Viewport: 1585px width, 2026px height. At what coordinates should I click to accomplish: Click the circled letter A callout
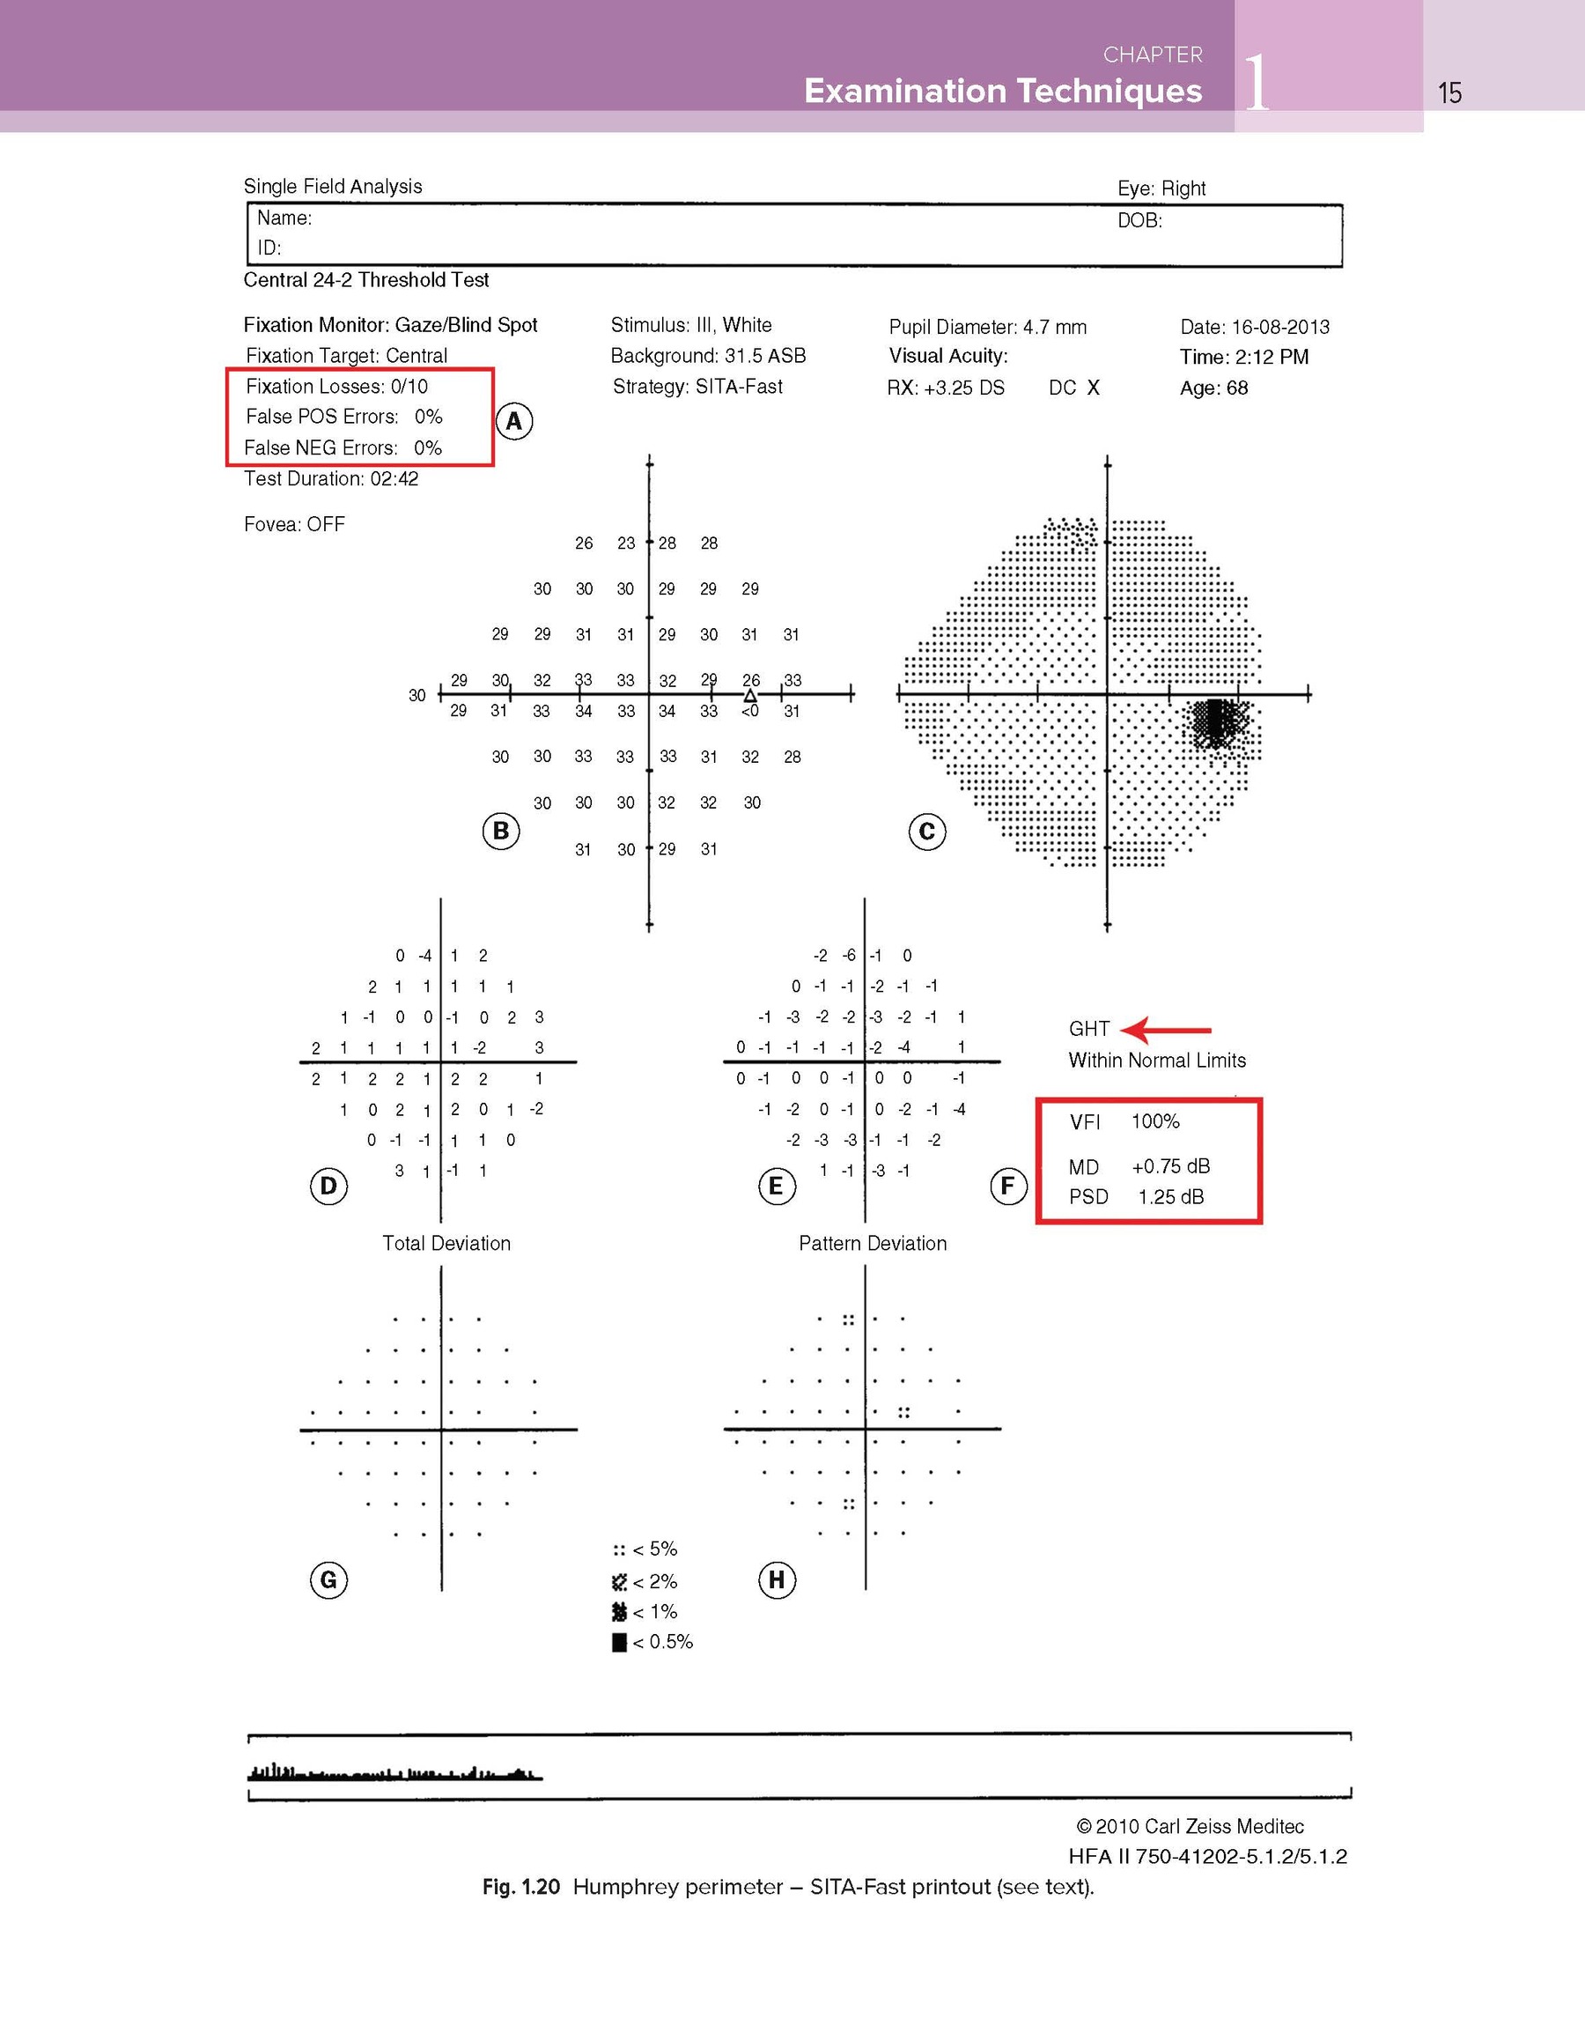514,421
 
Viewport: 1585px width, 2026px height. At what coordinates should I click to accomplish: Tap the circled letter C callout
926,832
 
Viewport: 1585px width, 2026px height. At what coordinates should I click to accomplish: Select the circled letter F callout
1007,1185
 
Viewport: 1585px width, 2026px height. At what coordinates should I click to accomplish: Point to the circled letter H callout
777,1579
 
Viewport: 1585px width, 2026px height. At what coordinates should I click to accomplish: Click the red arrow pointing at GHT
1166,1030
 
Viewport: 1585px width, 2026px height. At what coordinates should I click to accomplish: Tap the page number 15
1449,92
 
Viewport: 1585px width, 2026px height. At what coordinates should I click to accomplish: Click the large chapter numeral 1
1257,85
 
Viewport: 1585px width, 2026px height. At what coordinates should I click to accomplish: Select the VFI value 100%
1155,1121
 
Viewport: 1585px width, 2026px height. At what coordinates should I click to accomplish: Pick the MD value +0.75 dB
1170,1166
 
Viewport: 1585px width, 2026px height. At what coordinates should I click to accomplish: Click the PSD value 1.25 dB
1170,1197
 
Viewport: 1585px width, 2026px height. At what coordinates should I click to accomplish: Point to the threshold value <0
750,712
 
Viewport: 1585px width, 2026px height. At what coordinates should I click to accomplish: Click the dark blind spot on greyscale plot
1218,721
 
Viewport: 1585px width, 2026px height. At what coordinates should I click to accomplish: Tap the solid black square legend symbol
619,1643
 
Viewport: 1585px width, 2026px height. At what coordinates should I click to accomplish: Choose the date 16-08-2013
1279,327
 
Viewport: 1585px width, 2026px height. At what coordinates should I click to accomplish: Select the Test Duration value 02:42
394,479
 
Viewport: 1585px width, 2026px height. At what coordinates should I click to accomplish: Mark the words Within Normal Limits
1156,1060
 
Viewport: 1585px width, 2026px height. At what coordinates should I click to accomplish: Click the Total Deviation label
446,1244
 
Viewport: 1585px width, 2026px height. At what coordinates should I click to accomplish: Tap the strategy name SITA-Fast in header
739,386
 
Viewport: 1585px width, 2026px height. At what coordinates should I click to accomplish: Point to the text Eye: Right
1161,189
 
